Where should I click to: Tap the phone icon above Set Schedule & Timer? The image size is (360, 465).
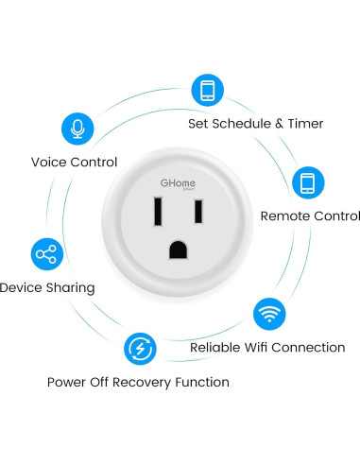click(x=208, y=90)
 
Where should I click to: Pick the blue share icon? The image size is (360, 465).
click(x=44, y=253)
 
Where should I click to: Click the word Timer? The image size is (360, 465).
click(x=304, y=124)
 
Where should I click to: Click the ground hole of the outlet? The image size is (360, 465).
click(x=177, y=250)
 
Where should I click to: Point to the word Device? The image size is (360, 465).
click(x=21, y=287)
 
